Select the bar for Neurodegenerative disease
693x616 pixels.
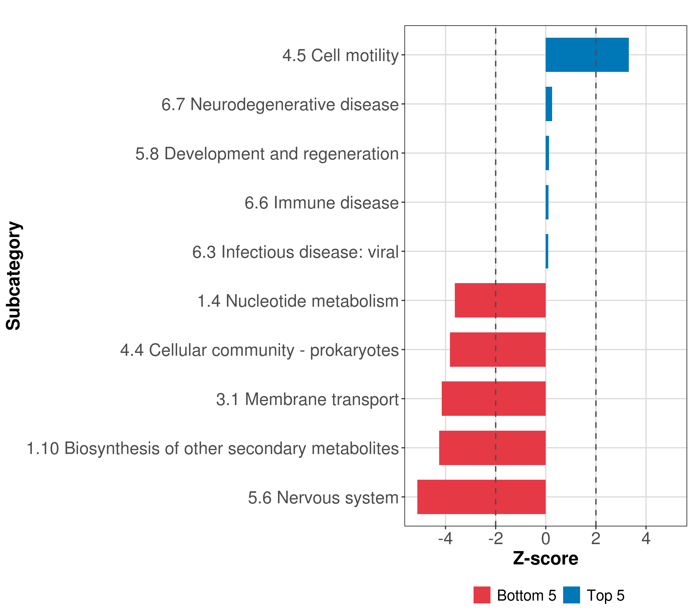pyautogui.click(x=548, y=104)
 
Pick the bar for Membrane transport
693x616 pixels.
pyautogui.click(x=493, y=399)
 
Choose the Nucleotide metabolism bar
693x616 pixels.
pyautogui.click(x=500, y=300)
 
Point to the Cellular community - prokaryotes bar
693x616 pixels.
pyautogui.click(x=497, y=350)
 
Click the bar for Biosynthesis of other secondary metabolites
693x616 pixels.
pyautogui.click(x=492, y=448)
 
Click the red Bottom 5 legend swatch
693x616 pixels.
pyautogui.click(x=482, y=595)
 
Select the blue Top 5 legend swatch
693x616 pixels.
pyautogui.click(x=571, y=595)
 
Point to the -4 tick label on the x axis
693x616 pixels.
pyautogui.click(x=445, y=539)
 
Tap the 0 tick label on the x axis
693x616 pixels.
pyautogui.click(x=545, y=539)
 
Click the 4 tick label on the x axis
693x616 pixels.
pyautogui.click(x=646, y=539)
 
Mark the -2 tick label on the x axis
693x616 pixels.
pyautogui.click(x=495, y=539)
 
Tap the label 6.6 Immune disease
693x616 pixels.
pyautogui.click(x=321, y=203)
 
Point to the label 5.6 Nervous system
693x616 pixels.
pyautogui.click(x=323, y=498)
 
